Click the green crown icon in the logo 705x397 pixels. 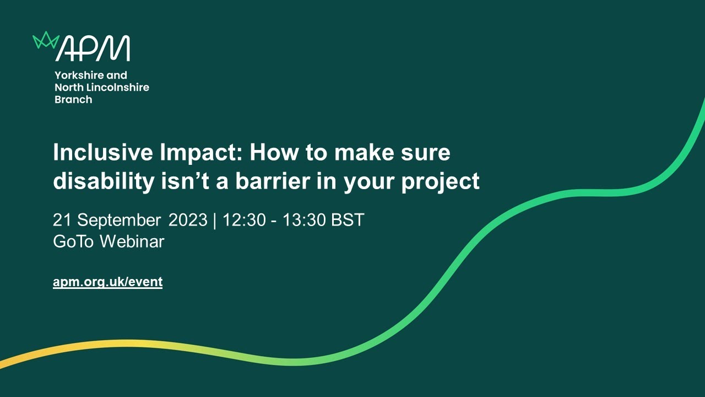tap(46, 40)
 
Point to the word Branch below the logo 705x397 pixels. tap(73, 100)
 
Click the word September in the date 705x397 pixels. tap(118, 221)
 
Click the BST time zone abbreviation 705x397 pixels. tap(348, 220)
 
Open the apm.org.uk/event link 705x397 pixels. tap(107, 282)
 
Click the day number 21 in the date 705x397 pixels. tap(62, 220)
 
